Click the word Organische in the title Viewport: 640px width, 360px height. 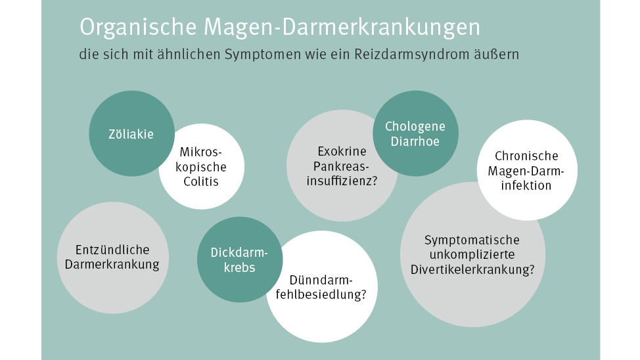click(x=138, y=28)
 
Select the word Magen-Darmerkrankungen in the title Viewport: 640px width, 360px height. click(x=342, y=28)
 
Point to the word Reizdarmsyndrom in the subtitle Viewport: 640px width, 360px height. click(x=411, y=55)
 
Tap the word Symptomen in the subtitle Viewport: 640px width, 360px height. click(x=262, y=55)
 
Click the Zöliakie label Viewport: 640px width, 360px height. click(x=131, y=134)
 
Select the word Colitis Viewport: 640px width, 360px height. click(x=201, y=181)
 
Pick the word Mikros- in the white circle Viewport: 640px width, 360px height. click(x=201, y=152)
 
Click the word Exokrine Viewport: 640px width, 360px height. click(x=342, y=152)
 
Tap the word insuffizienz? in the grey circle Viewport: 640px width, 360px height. click(x=342, y=181)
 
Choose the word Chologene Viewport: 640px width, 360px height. click(x=415, y=127)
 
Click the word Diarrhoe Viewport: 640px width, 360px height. click(x=415, y=141)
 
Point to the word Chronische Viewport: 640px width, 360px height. click(x=526, y=156)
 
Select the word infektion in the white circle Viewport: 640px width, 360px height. click(x=526, y=185)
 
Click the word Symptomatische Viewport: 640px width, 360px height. click(x=472, y=240)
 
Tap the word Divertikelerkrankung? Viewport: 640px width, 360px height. click(x=472, y=269)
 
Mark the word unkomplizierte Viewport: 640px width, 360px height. click(x=472, y=255)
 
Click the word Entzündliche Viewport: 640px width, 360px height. click(x=112, y=250)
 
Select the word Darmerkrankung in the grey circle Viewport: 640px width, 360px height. click(x=112, y=265)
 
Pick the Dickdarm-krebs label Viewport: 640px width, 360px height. click(x=240, y=260)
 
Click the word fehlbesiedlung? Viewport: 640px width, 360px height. click(x=321, y=294)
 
